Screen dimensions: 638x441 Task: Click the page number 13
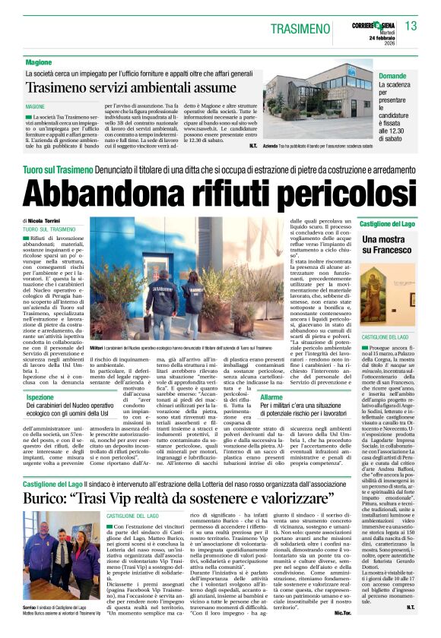411,26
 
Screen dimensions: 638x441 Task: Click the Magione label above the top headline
39,62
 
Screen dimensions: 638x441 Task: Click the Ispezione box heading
40,397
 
